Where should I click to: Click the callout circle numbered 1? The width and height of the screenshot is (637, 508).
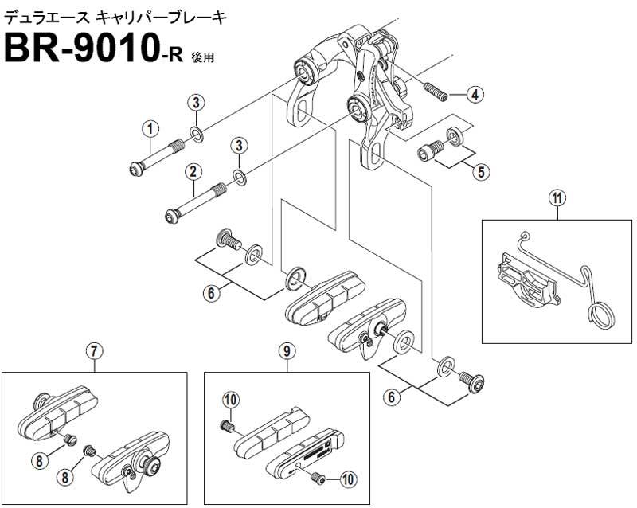150,129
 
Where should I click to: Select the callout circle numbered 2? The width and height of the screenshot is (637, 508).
193,171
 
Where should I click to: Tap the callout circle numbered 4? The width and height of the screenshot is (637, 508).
475,95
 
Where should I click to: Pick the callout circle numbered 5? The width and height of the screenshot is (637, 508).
481,172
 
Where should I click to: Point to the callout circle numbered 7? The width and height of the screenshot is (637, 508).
94,351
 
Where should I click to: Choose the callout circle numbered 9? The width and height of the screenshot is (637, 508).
287,351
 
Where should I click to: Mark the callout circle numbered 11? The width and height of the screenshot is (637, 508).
557,199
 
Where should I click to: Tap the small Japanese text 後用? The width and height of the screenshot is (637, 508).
203,57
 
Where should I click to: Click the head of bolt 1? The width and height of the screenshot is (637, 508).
135,167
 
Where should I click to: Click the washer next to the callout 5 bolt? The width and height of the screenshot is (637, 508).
455,136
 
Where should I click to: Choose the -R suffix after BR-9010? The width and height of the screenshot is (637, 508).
172,55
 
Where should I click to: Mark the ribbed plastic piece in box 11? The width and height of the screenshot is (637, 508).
528,281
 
